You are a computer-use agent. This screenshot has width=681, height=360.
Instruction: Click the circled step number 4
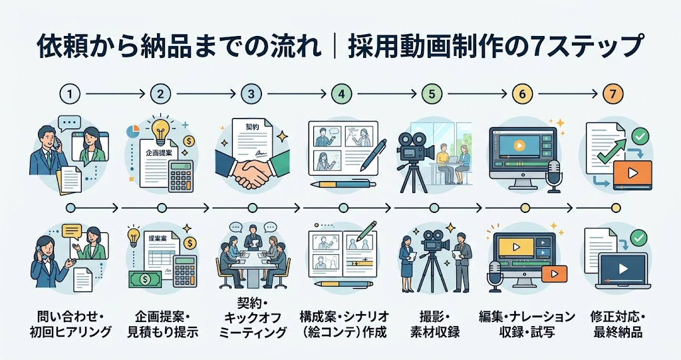[342, 94]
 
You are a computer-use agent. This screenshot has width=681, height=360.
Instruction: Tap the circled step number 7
[613, 94]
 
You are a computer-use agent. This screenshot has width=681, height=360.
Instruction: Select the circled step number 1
[70, 94]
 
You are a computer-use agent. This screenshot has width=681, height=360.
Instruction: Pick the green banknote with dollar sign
[144, 278]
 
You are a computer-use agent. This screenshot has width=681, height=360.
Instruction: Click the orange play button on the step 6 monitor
[520, 145]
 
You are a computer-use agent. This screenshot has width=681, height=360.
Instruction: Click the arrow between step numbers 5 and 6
[477, 94]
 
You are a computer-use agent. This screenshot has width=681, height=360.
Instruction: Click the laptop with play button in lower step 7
[622, 271]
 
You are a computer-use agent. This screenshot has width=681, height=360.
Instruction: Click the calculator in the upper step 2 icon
[181, 176]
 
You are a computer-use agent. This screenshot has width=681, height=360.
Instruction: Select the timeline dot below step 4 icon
[343, 208]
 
